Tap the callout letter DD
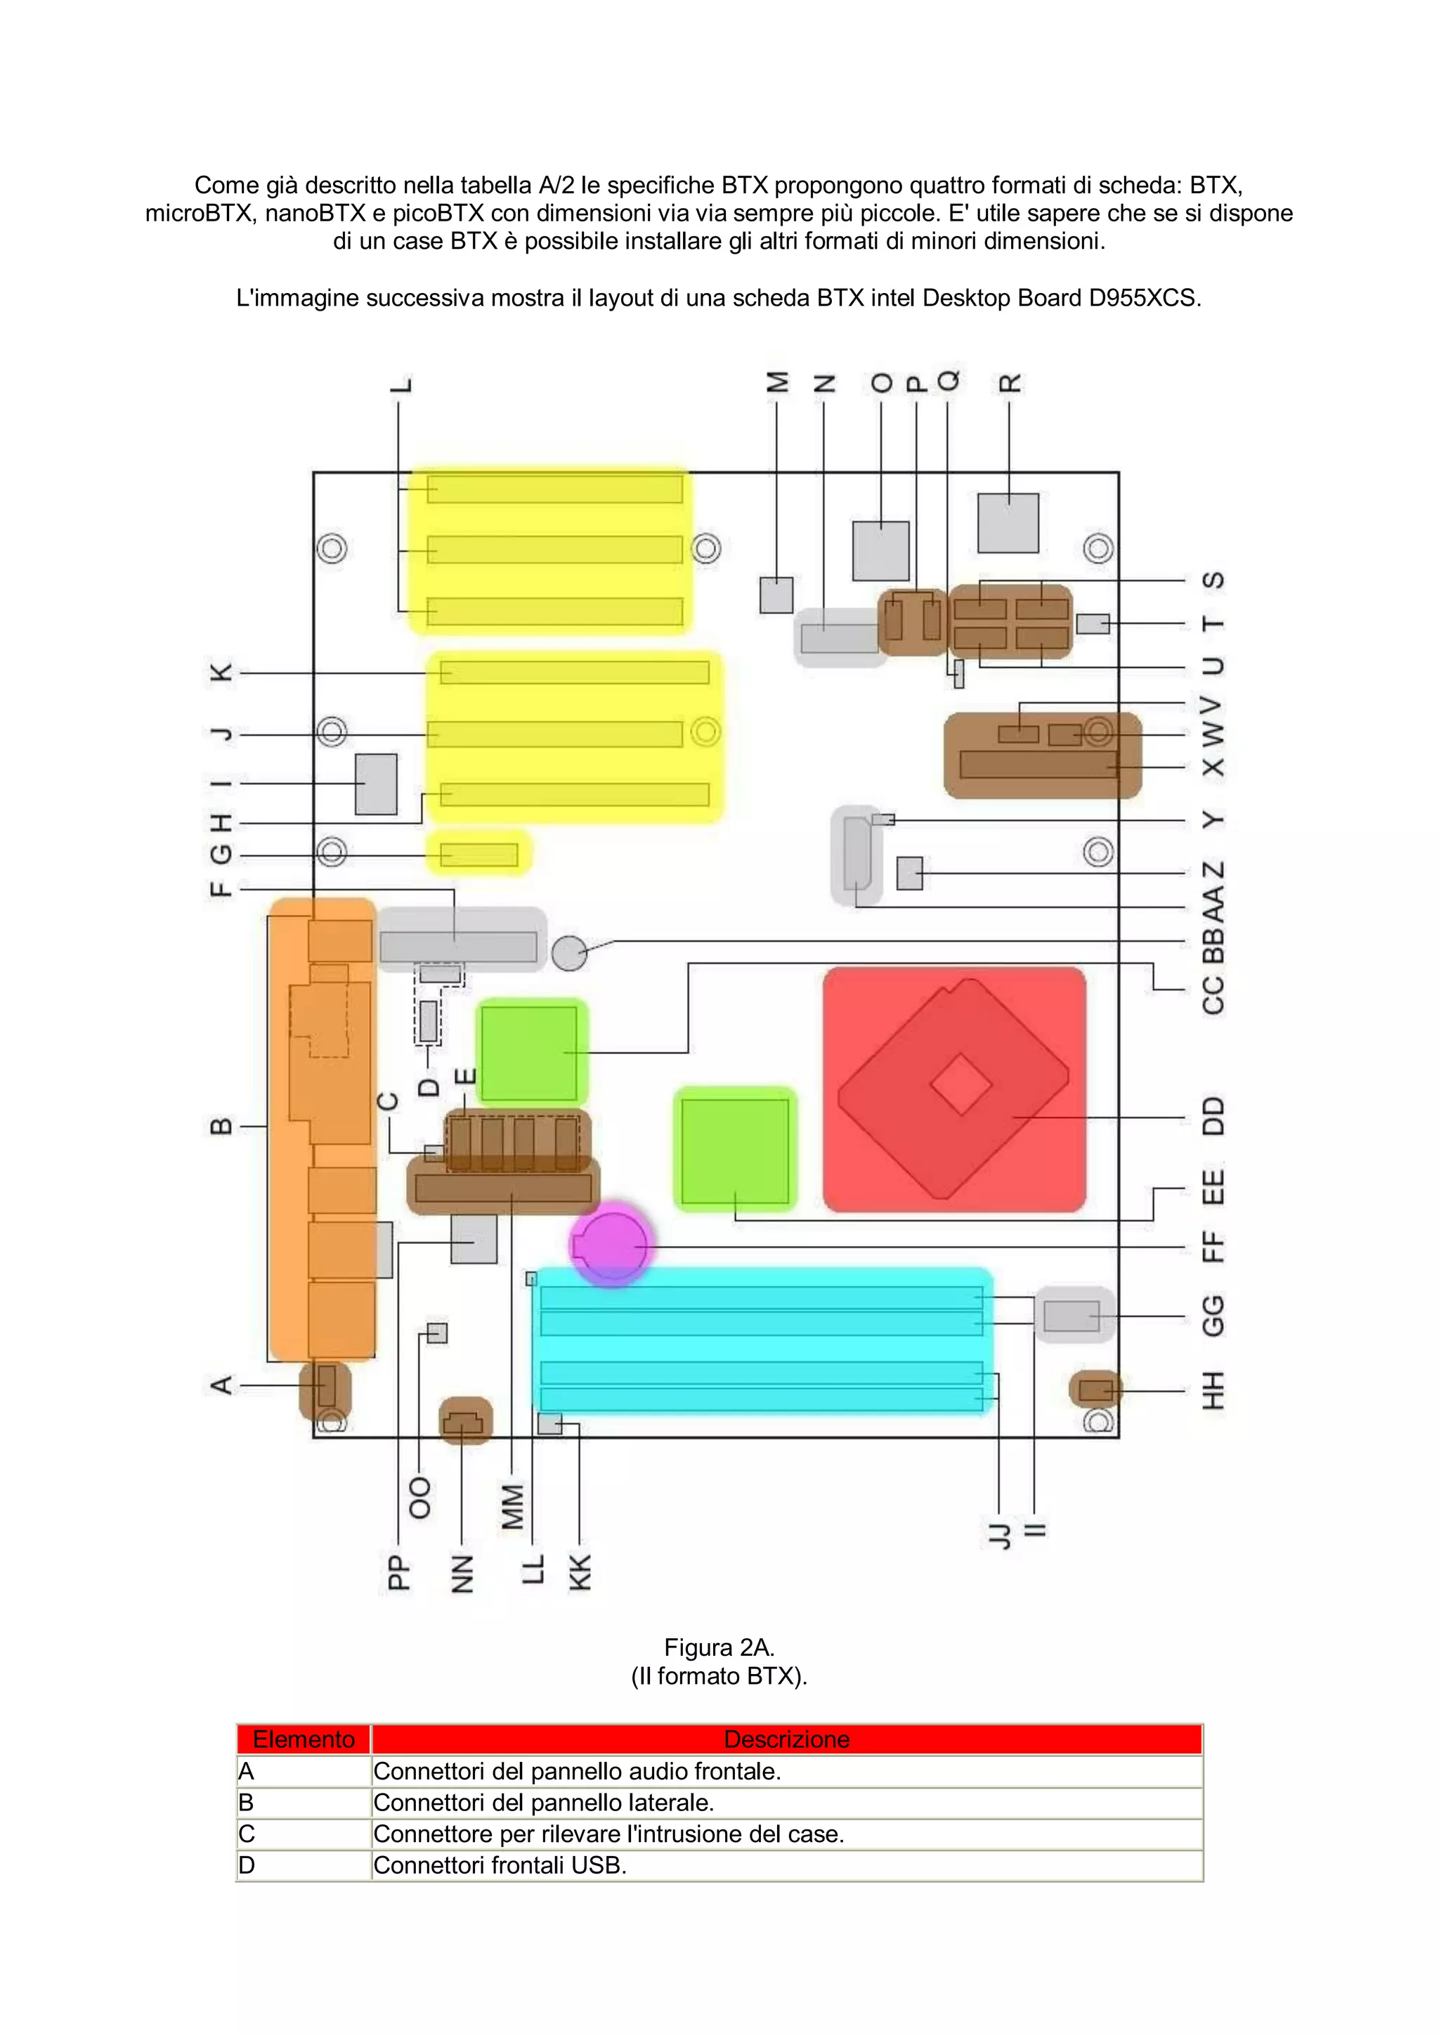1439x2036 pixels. tap(1213, 1117)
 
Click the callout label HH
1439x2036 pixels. tap(1213, 1390)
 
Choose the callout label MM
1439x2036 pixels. tap(512, 1507)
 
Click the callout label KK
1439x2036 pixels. tap(579, 1572)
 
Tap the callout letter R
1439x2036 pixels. tap(1010, 383)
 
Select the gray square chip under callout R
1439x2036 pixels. tap(1008, 523)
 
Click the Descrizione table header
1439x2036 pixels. tap(786, 1739)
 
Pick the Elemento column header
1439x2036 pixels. tap(304, 1739)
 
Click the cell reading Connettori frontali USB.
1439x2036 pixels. tap(500, 1865)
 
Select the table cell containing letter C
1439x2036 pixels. tap(247, 1834)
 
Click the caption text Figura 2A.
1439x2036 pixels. tap(719, 1647)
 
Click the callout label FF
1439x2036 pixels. tap(1213, 1247)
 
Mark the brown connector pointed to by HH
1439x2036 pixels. tap(1096, 1389)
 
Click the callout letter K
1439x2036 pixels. tap(221, 673)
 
